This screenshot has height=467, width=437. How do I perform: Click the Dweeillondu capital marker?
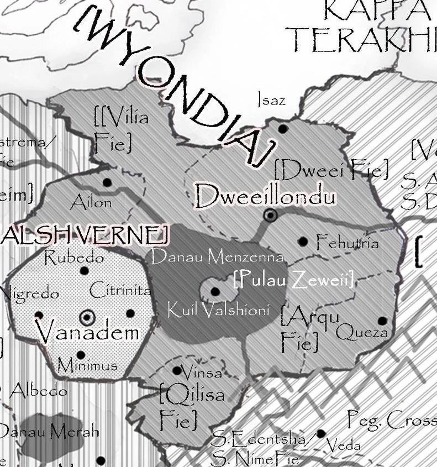(x=270, y=216)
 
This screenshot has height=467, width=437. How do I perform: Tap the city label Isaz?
(x=271, y=100)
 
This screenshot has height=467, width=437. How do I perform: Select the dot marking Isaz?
(x=283, y=129)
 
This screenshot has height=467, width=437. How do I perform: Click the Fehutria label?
(x=347, y=242)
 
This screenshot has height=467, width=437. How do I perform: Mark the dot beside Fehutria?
(x=303, y=242)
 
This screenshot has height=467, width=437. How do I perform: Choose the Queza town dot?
(x=382, y=321)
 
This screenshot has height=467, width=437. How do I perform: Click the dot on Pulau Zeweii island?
(x=215, y=291)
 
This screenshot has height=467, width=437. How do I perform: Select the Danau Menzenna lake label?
(x=217, y=257)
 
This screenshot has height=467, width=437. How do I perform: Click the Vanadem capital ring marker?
(x=87, y=317)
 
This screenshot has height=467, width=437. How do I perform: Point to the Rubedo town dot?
(x=85, y=271)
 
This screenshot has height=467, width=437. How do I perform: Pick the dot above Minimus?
(x=81, y=355)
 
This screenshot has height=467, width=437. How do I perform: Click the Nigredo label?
(x=30, y=293)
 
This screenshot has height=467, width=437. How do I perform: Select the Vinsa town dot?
(x=177, y=370)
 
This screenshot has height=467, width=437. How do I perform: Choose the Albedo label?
(x=39, y=390)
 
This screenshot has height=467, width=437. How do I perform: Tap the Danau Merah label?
(x=49, y=431)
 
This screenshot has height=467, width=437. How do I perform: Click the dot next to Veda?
(x=321, y=434)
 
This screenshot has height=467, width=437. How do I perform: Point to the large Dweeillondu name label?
(x=265, y=196)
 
